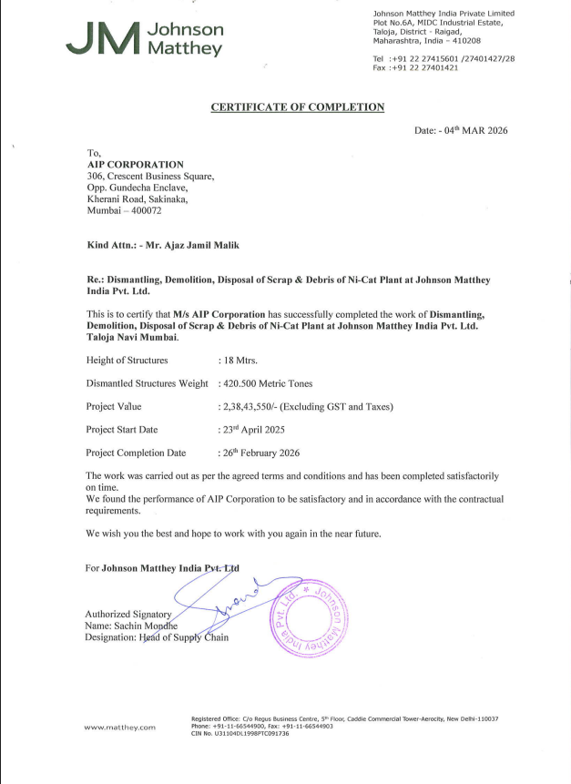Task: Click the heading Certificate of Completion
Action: coord(298,107)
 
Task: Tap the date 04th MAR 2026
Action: coord(474,131)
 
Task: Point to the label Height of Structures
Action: coord(127,361)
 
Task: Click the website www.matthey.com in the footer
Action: coord(119,727)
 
